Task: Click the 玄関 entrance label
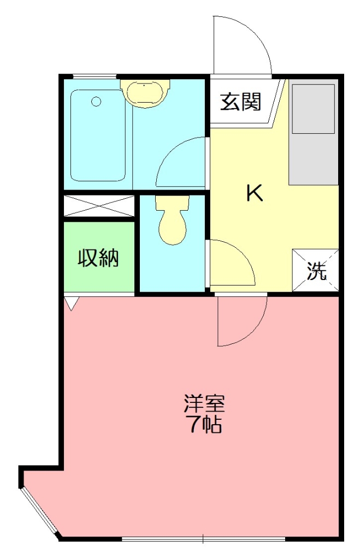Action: point(240,102)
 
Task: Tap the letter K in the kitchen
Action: point(254,193)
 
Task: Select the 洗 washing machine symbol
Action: point(316,271)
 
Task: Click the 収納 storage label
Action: point(98,258)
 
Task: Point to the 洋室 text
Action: point(204,404)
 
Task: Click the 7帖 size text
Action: point(204,424)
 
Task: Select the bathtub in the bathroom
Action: point(98,135)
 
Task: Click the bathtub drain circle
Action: point(97,102)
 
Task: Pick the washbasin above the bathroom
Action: point(145,92)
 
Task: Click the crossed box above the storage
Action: point(99,205)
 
